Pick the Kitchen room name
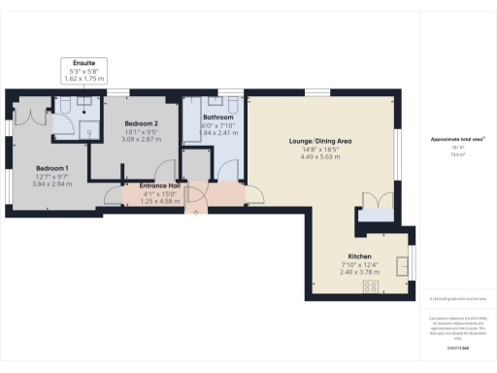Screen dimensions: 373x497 point(360,256)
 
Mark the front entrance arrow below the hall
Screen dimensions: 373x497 point(197,212)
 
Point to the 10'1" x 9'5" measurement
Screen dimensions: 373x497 point(141,133)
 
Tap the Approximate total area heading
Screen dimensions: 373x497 point(457,140)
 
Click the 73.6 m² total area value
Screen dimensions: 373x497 point(457,153)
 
